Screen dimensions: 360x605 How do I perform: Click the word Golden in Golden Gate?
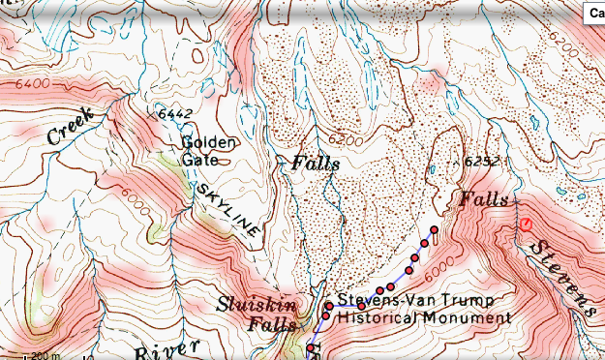[x=208, y=143]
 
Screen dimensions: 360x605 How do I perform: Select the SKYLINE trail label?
[x=227, y=207]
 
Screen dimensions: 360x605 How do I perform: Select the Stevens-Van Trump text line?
[x=410, y=301]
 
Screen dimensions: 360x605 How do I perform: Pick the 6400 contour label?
[x=33, y=84]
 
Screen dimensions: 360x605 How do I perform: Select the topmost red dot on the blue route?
[x=435, y=230]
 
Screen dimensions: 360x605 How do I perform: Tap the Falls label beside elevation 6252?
[x=483, y=199]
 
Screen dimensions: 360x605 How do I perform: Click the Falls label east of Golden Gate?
[x=316, y=164]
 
